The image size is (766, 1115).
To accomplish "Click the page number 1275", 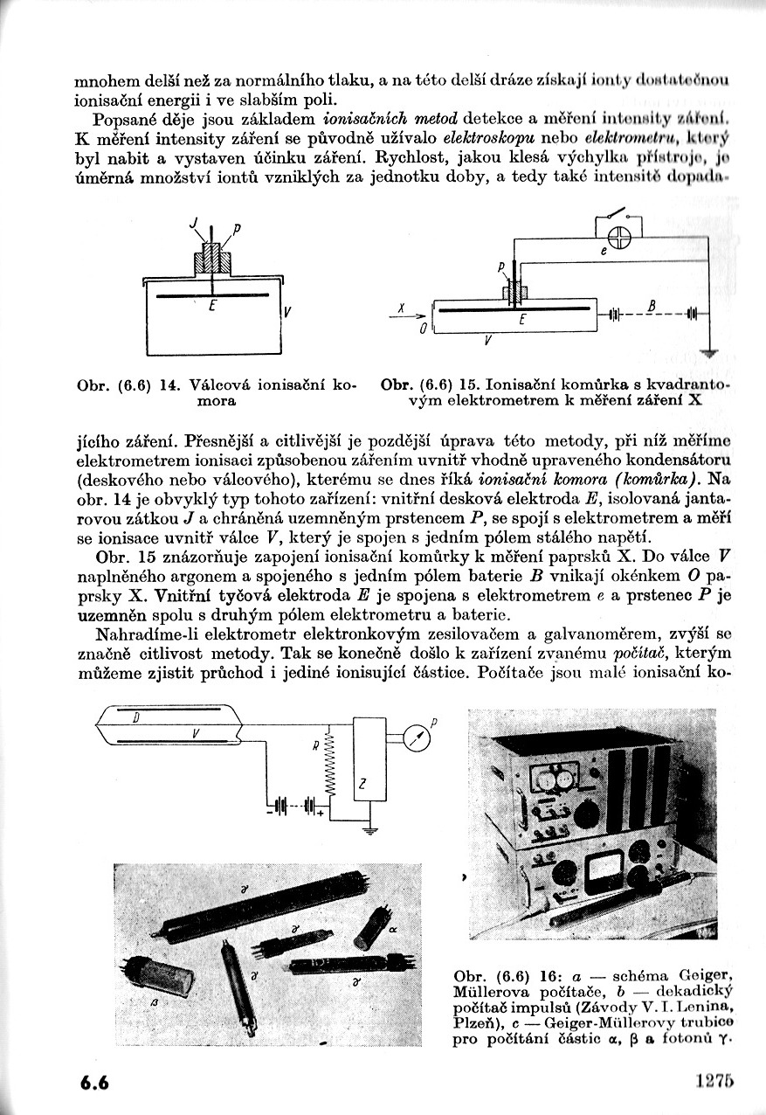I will tap(713, 1081).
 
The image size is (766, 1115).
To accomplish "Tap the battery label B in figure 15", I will tap(652, 304).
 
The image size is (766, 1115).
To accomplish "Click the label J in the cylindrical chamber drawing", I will tap(193, 226).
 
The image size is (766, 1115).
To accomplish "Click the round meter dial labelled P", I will tap(418, 739).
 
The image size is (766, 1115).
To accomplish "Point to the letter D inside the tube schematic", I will tap(135, 718).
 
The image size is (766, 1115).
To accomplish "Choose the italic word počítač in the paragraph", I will tap(642, 654).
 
